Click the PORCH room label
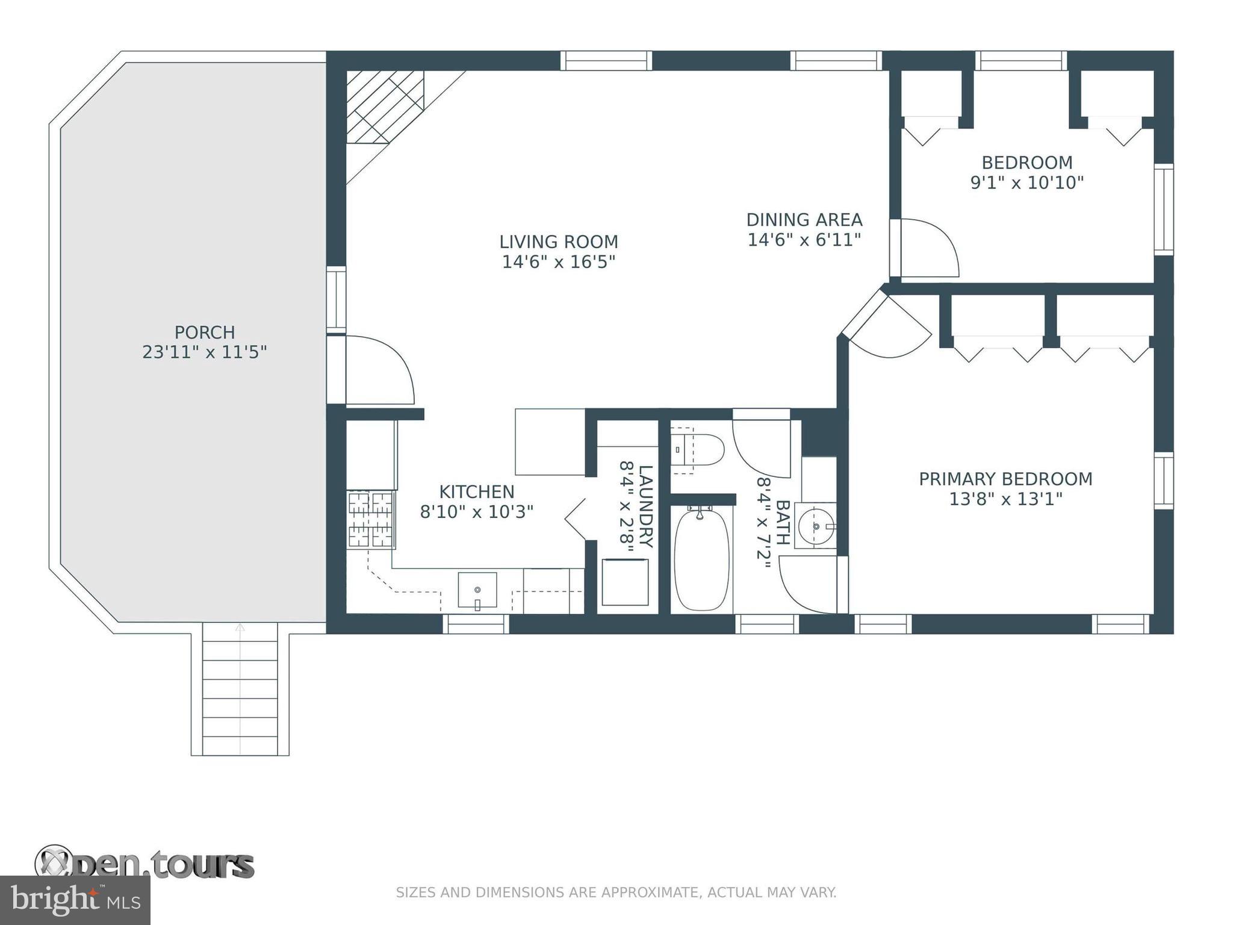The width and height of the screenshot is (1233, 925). point(205,332)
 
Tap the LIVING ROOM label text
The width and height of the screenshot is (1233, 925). point(559,241)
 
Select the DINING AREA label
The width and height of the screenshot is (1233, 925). point(804,220)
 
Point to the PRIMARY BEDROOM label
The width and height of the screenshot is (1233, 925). point(1005,479)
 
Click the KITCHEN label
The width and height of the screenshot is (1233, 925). point(477,492)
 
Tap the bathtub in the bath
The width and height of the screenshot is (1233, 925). point(701,558)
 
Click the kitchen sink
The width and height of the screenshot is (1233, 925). point(477,590)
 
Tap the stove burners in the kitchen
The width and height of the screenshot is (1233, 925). point(371,519)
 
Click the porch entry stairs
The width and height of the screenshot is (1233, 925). point(240,689)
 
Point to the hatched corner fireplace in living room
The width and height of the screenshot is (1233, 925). point(385,107)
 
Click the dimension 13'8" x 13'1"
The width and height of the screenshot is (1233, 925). point(1005,499)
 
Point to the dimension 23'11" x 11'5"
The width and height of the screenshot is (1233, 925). point(205,352)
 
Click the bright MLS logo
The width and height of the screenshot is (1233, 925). point(75,900)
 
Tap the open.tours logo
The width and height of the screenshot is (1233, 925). point(144,864)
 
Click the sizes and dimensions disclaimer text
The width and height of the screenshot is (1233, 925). point(616,892)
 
